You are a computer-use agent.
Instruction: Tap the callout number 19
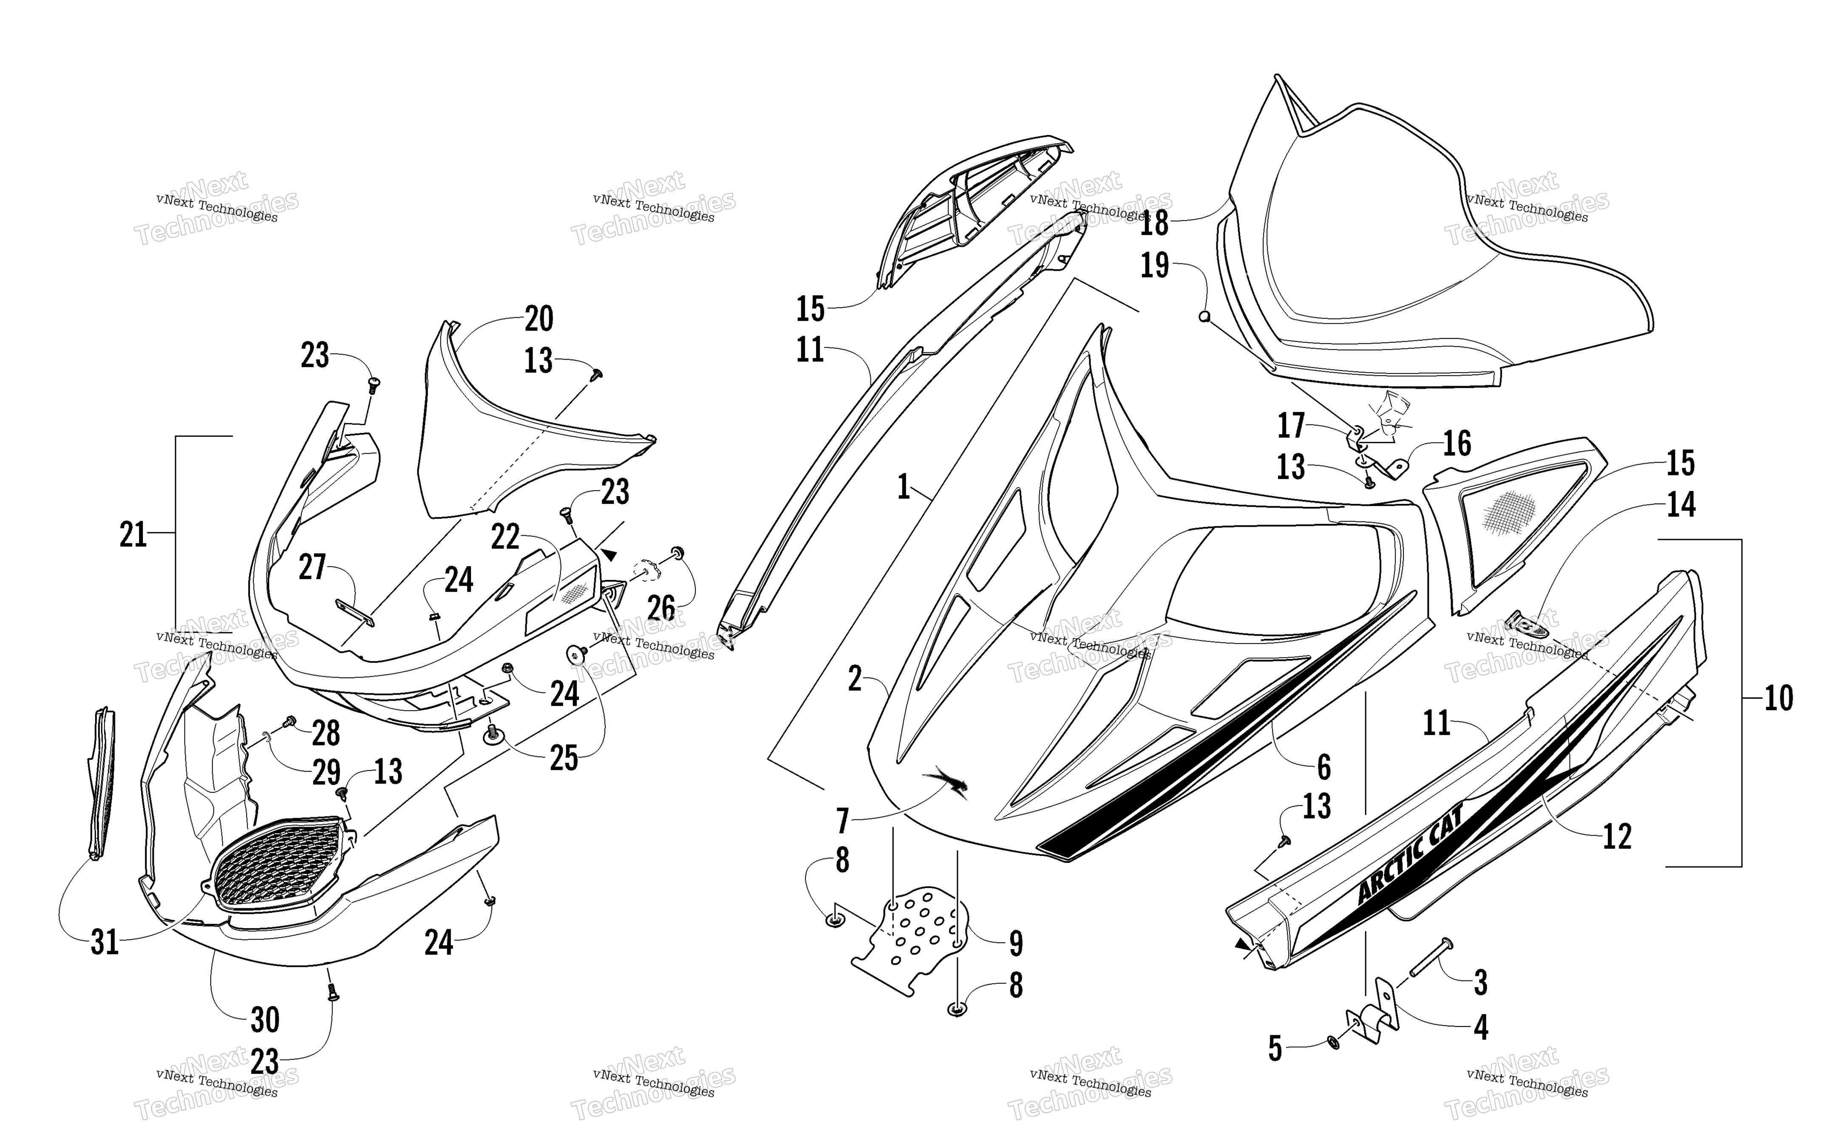point(1155,266)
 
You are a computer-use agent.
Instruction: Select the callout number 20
point(538,319)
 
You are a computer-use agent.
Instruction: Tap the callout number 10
point(1778,697)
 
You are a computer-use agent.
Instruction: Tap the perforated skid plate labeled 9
point(910,941)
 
